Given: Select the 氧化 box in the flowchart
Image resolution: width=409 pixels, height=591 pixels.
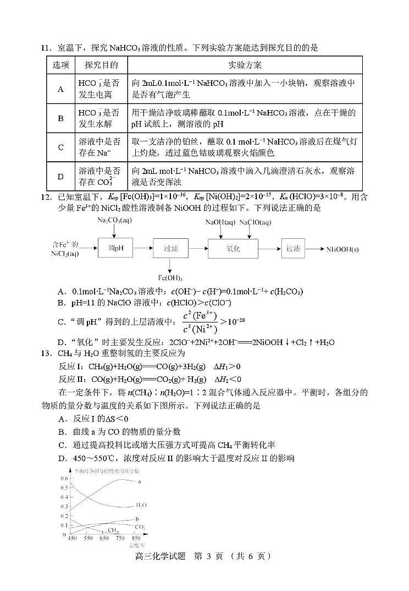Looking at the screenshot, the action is pyautogui.click(x=233, y=248).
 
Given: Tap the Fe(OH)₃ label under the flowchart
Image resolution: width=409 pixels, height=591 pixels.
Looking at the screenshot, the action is pyautogui.click(x=170, y=277).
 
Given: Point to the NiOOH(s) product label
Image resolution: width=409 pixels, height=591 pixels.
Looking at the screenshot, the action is pyautogui.click(x=342, y=249).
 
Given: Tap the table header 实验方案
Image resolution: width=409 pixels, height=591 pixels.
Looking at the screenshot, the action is pyautogui.click(x=245, y=65).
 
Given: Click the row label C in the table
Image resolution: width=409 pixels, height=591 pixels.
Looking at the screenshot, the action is pyautogui.click(x=61, y=147).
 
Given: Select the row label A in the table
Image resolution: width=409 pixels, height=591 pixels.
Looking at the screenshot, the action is pyautogui.click(x=61, y=89).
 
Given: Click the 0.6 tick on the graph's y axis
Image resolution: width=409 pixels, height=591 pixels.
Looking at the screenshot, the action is pyautogui.click(x=64, y=478).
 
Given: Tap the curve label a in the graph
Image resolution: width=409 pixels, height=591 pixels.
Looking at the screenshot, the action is pyautogui.click(x=140, y=481).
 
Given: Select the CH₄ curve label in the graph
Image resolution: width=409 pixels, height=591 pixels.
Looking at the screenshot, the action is pyautogui.click(x=113, y=530).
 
